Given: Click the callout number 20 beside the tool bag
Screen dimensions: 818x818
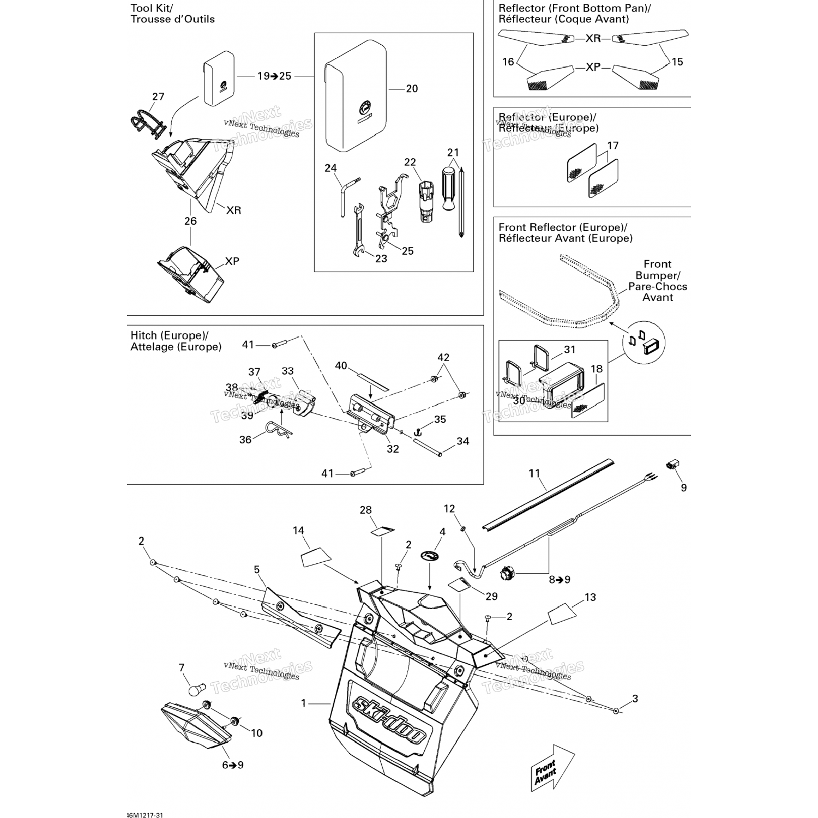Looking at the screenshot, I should pos(412,89).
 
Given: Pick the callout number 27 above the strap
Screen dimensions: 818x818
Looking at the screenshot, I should pos(158,97).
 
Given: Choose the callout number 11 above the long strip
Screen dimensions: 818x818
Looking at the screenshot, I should pos(534,473).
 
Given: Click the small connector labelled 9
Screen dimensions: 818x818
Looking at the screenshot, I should pos(672,465).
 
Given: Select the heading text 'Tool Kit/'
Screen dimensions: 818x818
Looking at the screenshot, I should pos(152,8).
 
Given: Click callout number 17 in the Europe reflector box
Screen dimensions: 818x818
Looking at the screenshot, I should pos(612,146).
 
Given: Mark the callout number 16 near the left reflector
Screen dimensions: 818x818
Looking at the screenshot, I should pos(508,62).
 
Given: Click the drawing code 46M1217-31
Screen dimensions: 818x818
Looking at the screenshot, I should pos(144,815).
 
